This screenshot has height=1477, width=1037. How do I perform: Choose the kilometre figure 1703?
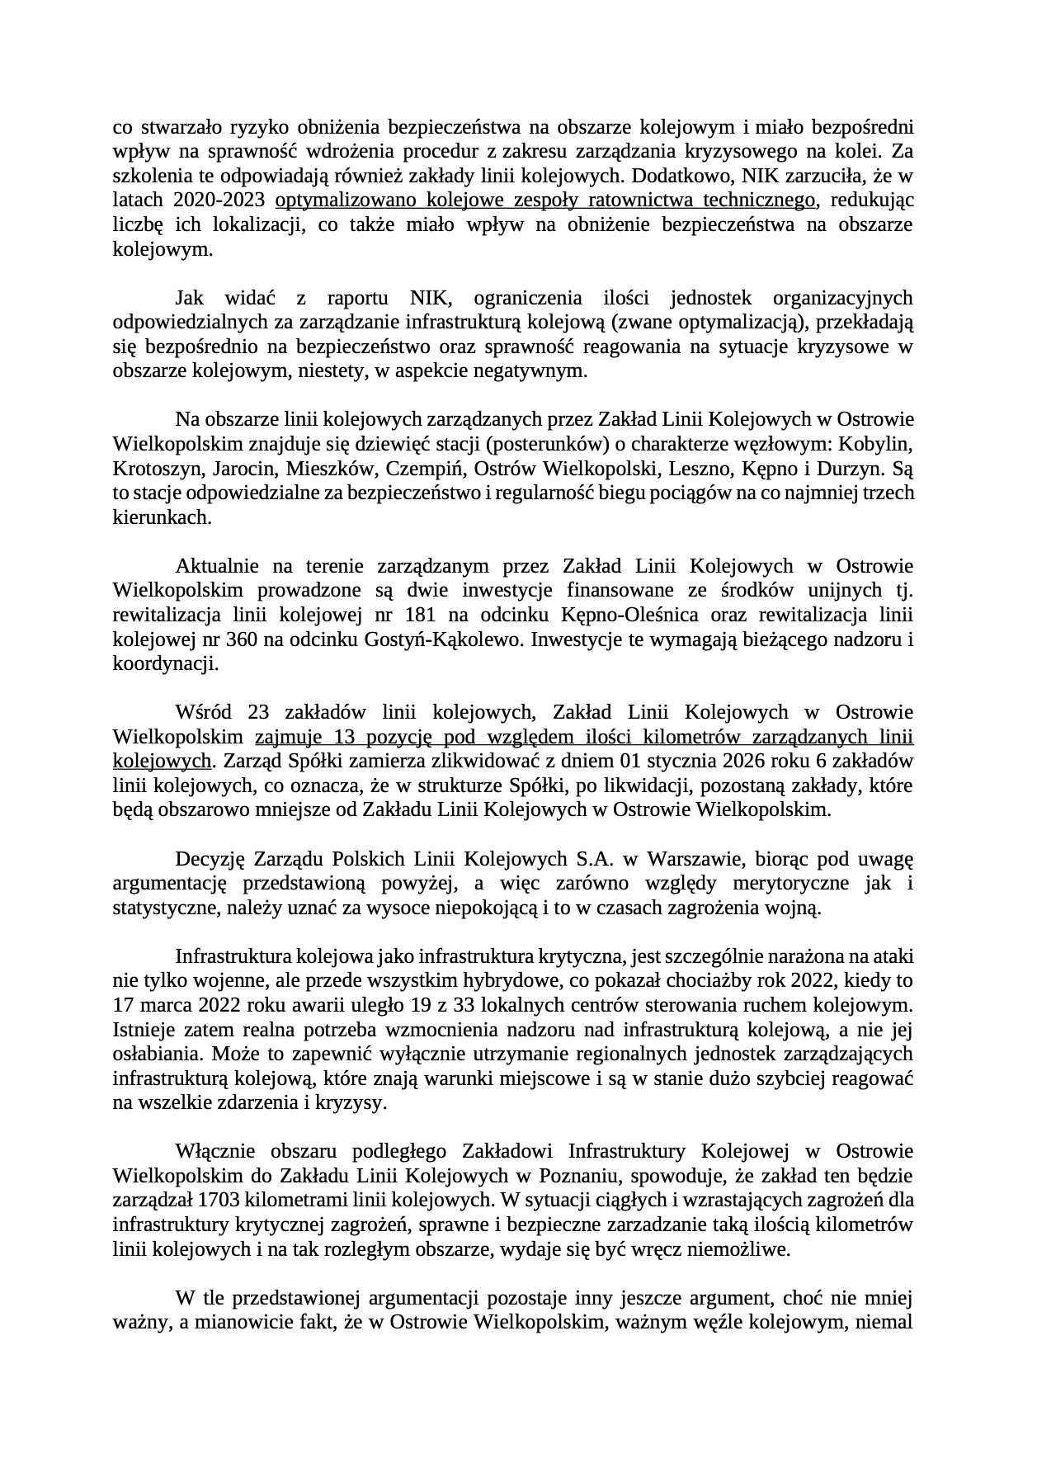tap(217, 1201)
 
